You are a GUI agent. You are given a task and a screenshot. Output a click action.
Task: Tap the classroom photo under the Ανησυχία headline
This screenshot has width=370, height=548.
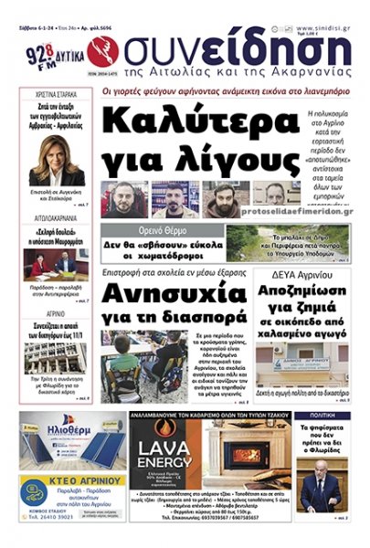tap(146, 365)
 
